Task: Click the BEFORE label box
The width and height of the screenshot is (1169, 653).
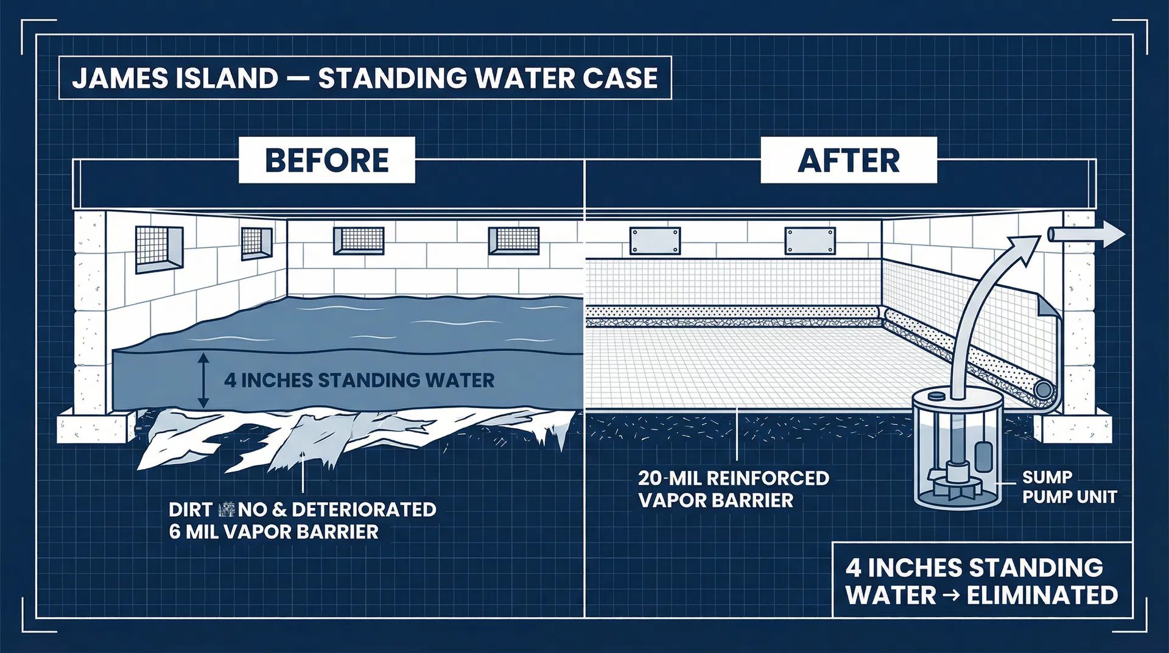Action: pos(326,160)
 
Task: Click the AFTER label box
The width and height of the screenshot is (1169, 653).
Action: pos(848,160)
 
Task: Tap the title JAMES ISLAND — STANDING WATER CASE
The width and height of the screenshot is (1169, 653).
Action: pos(365,78)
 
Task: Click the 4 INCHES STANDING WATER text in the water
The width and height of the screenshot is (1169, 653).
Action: pos(359,380)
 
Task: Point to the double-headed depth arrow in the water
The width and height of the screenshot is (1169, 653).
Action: pos(203,381)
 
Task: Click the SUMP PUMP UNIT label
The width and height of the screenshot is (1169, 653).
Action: pos(1069,487)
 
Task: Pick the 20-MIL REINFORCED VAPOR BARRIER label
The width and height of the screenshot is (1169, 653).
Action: pos(733,489)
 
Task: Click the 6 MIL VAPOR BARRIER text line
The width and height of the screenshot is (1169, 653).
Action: pos(273,532)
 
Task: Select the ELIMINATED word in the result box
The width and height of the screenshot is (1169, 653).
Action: pos(1042,595)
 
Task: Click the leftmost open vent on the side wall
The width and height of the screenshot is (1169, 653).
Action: pos(158,250)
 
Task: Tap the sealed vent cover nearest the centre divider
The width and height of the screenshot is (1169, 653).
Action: pos(655,241)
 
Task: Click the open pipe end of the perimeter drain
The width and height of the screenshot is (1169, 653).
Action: pos(1044,389)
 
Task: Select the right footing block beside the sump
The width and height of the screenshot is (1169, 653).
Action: pos(1075,428)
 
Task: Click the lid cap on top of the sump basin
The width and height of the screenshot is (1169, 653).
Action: pos(935,395)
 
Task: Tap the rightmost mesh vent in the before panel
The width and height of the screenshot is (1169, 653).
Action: pos(514,241)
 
